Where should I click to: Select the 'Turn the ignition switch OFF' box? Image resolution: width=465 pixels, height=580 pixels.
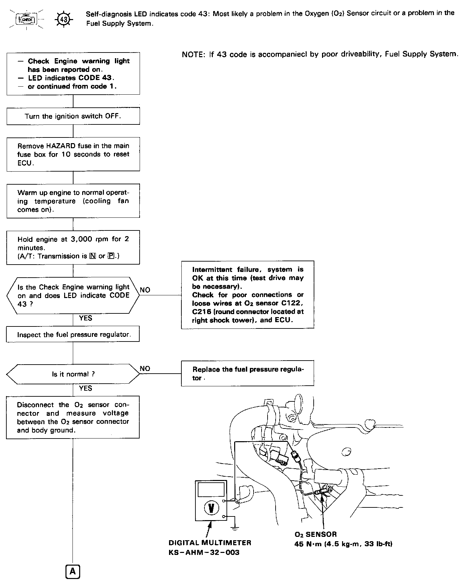pyautogui.click(x=73, y=116)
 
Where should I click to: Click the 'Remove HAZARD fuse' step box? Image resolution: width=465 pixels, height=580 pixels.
pyautogui.click(x=73, y=154)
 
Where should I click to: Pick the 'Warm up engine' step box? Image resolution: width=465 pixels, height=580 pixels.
pyautogui.click(x=73, y=201)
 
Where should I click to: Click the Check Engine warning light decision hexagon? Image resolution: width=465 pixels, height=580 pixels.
pyautogui.click(x=73, y=295)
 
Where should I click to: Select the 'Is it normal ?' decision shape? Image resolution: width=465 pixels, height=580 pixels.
pyautogui.click(x=73, y=374)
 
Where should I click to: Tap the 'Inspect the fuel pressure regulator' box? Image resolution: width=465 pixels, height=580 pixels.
pyautogui.click(x=73, y=334)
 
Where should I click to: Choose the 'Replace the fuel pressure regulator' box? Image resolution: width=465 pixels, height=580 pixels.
pyautogui.click(x=248, y=373)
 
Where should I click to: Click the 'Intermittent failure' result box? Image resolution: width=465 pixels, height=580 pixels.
pyautogui.click(x=248, y=295)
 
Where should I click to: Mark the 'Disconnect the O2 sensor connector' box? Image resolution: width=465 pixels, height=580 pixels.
pyautogui.click(x=73, y=417)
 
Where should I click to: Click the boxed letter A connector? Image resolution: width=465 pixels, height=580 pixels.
pyautogui.click(x=73, y=572)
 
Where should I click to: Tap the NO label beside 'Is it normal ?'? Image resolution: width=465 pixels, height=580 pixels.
pyautogui.click(x=145, y=369)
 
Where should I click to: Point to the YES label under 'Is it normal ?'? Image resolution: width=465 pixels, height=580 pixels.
pyautogui.click(x=86, y=388)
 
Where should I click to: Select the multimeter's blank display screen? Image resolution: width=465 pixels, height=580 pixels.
pyautogui.click(x=211, y=490)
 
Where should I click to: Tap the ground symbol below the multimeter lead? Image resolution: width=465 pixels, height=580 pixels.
pyautogui.click(x=235, y=528)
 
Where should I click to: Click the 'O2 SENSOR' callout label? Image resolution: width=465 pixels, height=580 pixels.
pyautogui.click(x=316, y=535)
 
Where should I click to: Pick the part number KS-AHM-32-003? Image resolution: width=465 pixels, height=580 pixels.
pyautogui.click(x=204, y=553)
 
